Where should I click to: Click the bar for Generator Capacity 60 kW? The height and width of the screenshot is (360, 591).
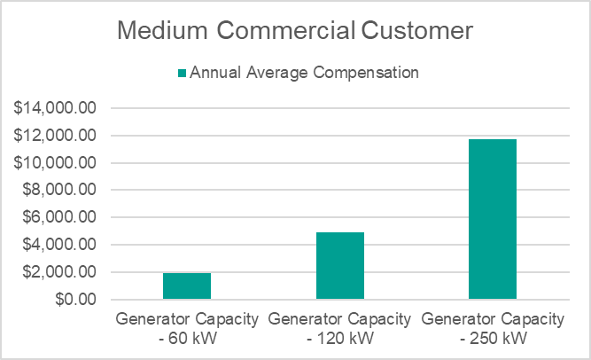click(187, 286)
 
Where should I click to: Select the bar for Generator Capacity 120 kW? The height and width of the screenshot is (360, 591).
click(340, 266)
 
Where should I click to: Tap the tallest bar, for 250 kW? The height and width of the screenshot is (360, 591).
click(493, 219)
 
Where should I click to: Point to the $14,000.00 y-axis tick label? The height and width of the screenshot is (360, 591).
click(56, 109)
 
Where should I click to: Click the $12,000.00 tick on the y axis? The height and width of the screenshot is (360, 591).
click(56, 136)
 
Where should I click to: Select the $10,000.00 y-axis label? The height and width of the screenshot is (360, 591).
click(56, 163)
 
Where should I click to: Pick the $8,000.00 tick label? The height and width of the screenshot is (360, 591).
click(60, 191)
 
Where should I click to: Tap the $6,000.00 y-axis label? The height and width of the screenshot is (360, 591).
click(60, 218)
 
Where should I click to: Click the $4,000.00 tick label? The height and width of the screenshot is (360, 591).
click(60, 245)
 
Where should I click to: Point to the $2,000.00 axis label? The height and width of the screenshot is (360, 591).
click(60, 272)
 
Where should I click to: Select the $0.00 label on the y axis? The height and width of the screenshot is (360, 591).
click(75, 300)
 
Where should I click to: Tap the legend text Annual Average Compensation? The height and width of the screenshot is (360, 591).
click(304, 73)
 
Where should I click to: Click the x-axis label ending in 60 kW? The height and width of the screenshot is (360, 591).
click(187, 328)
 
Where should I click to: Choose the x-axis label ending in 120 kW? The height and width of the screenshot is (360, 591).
click(340, 328)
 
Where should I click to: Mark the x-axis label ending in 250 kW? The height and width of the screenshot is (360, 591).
click(493, 328)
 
